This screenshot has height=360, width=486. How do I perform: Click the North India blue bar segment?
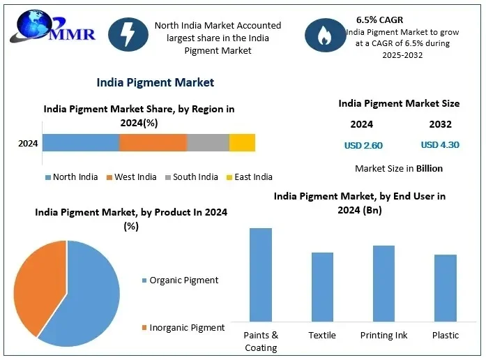point(81,143)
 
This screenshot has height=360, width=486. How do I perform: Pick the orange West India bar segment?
point(153,143)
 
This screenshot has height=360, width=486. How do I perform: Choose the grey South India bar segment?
point(208,143)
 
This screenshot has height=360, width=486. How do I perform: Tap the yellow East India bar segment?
point(242,143)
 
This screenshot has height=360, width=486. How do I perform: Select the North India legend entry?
point(71,177)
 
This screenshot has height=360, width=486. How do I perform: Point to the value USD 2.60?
point(363,146)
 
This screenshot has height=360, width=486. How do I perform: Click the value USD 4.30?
point(440,146)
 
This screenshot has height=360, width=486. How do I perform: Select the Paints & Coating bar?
point(261,274)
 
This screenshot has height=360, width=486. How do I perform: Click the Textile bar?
point(322,286)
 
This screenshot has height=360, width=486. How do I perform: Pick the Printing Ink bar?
point(384,283)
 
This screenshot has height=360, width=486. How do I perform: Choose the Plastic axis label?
point(445,336)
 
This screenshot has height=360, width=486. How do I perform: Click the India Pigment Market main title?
point(155,82)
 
